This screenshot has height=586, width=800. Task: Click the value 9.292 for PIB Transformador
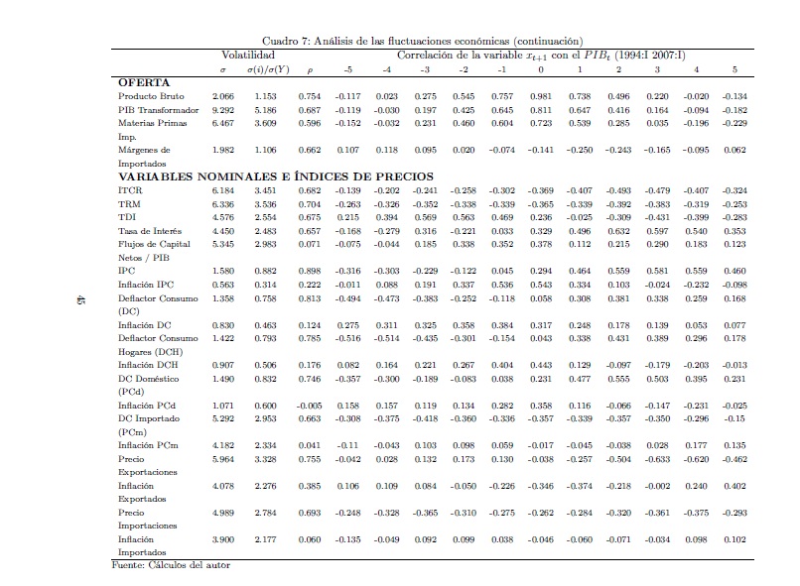point(224,109)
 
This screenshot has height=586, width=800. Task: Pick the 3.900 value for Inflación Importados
point(224,539)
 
